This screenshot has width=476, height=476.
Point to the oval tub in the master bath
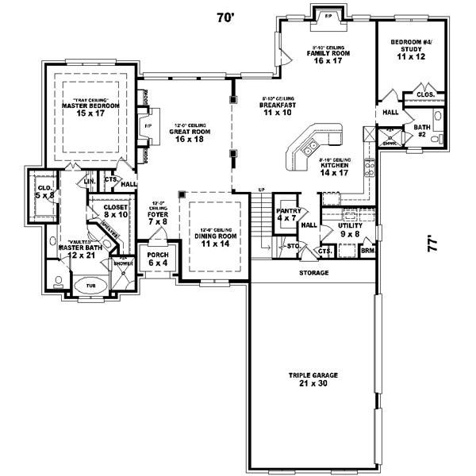tap(88, 287)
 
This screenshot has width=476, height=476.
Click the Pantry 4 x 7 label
tap(288, 215)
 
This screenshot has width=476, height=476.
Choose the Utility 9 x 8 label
tap(349, 230)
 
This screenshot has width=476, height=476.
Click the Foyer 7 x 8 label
tap(159, 217)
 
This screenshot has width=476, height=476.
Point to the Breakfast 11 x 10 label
tap(278, 109)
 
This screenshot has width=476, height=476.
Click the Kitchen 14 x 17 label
tap(333, 167)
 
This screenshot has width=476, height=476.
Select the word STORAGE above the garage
tap(314, 273)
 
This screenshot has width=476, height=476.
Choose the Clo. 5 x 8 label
tap(44, 191)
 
